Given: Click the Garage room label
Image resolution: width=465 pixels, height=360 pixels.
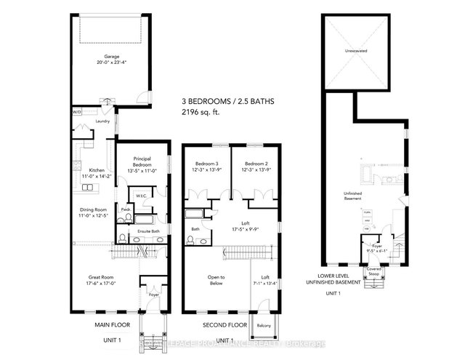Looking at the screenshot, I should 111,56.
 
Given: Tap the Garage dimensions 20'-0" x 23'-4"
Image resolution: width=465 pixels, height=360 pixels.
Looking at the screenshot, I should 111,62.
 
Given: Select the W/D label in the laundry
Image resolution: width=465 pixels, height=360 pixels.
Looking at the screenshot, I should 76,112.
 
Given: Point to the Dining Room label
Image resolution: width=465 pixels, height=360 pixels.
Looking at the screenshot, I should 93,210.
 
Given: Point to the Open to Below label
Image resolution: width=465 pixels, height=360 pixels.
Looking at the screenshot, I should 217,280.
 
